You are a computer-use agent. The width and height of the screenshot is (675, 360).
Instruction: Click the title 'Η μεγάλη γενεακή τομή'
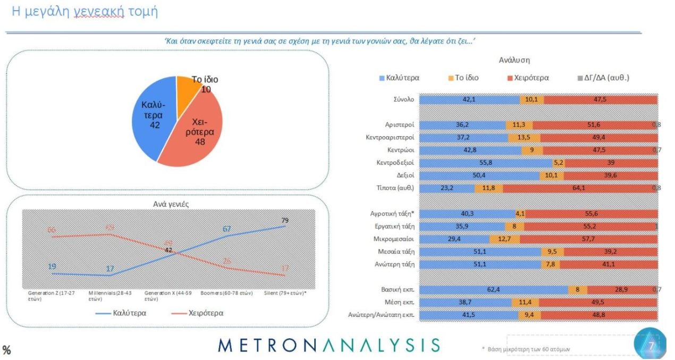click(x=85, y=11)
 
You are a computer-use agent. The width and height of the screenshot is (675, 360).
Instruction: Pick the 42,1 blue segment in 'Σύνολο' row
click(x=469, y=99)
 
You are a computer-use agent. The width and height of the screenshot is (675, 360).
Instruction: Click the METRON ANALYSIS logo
click(x=329, y=345)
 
